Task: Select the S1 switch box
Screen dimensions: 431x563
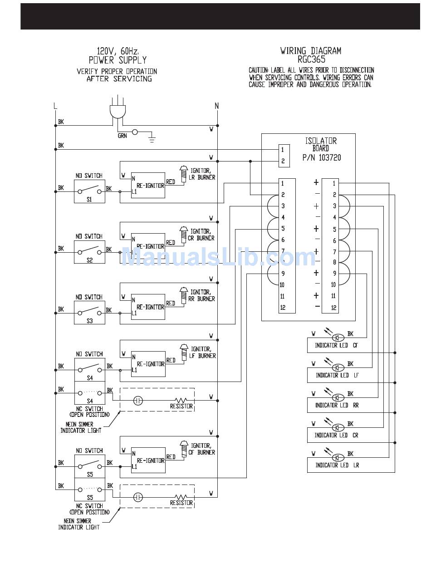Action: pos(89,191)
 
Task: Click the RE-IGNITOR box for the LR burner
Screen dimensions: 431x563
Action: pos(148,185)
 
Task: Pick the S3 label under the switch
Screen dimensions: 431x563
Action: pos(90,321)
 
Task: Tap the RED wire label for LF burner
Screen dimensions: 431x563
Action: pos(171,360)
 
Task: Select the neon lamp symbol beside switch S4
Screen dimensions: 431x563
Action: pos(138,401)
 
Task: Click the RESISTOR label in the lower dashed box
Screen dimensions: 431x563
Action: pos(181,503)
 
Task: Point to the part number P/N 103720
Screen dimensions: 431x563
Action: pos(322,157)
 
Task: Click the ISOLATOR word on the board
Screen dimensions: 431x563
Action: pos(321,141)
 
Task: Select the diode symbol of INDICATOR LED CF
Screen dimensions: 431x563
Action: pos(338,338)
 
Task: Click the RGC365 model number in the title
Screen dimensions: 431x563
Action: pos(311,59)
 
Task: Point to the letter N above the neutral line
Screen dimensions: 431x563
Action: pos(216,106)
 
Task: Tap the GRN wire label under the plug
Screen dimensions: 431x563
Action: pos(122,136)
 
